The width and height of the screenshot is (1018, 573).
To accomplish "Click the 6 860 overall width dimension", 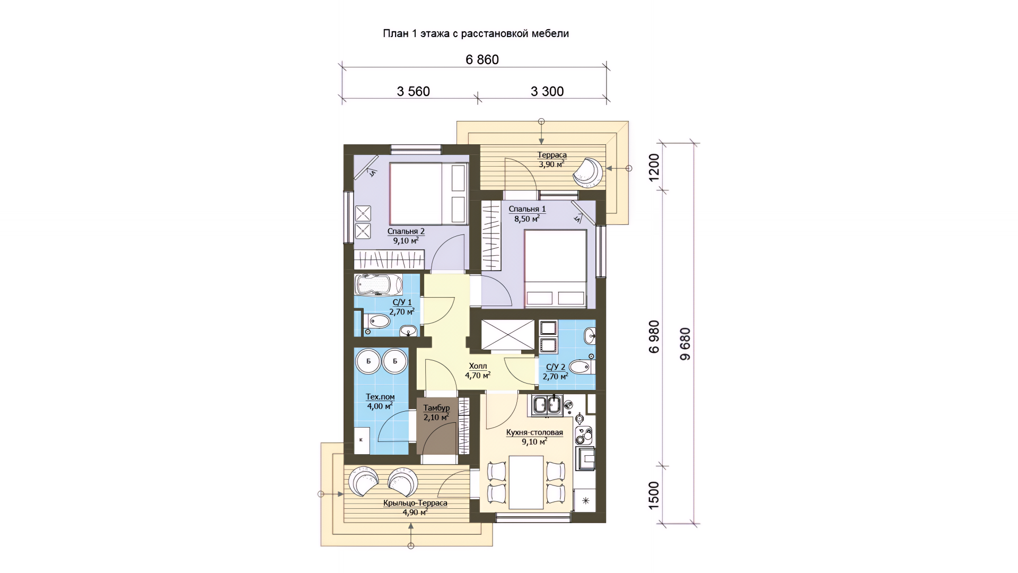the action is click(482, 59).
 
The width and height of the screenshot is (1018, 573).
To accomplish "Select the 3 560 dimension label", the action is click(413, 91).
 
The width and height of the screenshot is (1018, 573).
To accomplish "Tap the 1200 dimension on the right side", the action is click(654, 167).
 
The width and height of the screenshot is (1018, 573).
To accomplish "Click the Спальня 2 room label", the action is click(406, 231).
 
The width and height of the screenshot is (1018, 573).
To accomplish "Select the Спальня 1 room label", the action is click(527, 209).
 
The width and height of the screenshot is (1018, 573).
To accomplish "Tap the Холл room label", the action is click(478, 366).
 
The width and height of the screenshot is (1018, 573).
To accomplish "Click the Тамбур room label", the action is click(436, 408).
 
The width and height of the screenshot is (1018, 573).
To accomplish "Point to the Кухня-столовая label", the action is click(534, 432).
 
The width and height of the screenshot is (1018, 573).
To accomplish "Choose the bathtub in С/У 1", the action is click(378, 285).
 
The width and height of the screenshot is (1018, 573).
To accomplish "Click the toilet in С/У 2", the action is click(582, 367).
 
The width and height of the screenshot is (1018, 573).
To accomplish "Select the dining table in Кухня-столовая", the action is click(526, 482).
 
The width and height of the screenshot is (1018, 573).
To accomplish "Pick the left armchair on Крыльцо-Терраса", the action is click(363, 481).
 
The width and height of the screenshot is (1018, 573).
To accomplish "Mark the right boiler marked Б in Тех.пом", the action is click(394, 362).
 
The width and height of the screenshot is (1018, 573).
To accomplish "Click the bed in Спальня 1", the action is click(555, 268).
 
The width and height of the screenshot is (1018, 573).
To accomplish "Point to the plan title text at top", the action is click(476, 33).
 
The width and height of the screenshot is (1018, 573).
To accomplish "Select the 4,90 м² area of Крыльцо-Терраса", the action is click(415, 513).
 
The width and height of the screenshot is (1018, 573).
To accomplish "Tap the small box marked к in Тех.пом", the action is click(362, 440).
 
